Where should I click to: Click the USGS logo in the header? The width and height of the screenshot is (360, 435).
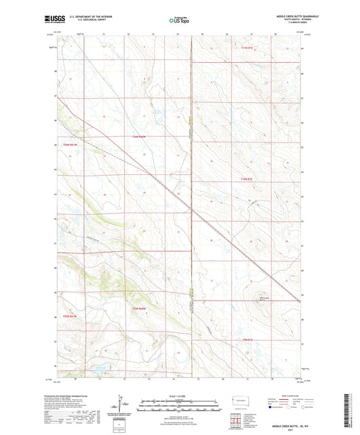[53, 20]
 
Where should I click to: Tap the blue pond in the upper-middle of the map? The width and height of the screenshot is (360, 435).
[157, 112]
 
